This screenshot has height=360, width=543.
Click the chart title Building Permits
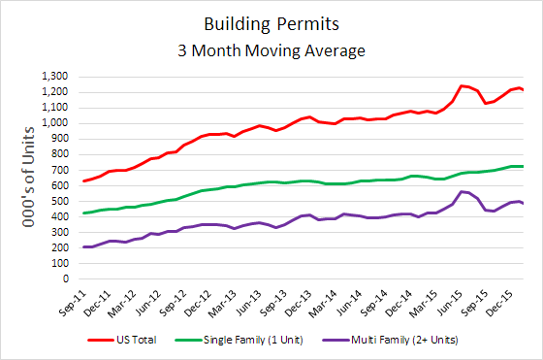pos(271,21)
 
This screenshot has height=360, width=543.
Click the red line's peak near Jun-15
pos(462,85)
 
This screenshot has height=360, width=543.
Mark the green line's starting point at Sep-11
pos(84,213)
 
